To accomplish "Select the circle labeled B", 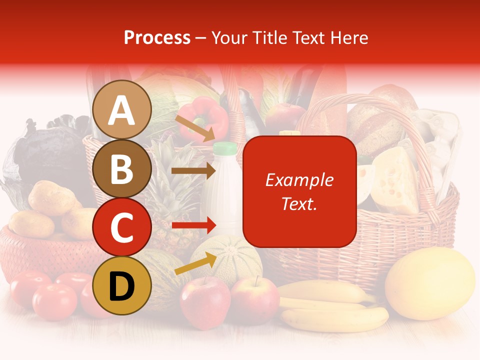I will (122, 169).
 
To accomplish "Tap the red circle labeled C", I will (122, 227).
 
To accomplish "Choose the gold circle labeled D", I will (122, 285).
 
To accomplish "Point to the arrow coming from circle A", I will (194, 128).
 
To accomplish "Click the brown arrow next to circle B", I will (193, 171).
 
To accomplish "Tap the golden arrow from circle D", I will (195, 263).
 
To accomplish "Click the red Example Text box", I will (299, 191).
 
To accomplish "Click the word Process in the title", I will (157, 38).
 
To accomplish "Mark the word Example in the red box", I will (299, 180).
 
